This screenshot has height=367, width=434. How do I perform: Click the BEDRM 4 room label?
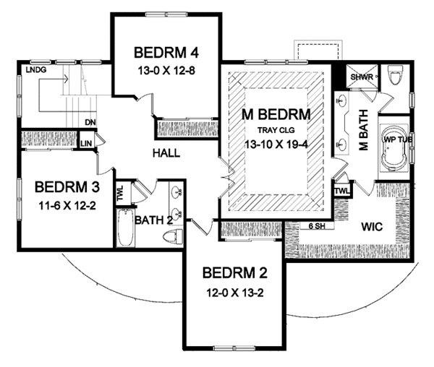point(166,53)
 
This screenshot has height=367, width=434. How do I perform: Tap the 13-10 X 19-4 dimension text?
point(276,144)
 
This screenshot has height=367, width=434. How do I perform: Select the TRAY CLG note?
point(276,130)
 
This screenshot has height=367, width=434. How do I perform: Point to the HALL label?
point(166,153)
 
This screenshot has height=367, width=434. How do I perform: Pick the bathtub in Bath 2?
point(125,228)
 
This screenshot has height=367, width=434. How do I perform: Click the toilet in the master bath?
point(395,74)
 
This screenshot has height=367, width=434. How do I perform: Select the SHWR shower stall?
point(362,76)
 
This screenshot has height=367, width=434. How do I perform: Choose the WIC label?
point(373,227)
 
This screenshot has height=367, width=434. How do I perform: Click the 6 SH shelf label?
point(316,226)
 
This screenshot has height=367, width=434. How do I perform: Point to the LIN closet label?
point(86,144)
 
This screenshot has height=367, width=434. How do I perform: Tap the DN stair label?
point(90,122)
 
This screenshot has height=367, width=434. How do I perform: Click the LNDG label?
point(36,70)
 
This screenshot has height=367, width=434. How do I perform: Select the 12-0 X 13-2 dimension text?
point(235,293)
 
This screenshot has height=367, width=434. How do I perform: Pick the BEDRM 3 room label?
point(67,187)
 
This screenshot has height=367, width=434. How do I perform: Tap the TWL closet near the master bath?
point(342,191)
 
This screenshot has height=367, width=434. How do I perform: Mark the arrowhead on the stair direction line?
point(66,79)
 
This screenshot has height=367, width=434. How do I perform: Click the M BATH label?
point(364,130)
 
